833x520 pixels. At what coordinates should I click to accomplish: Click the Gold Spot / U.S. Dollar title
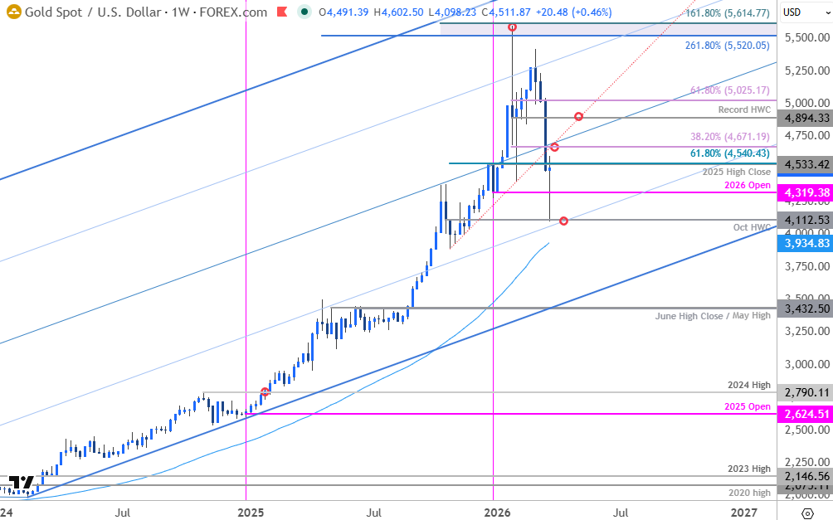point(146,12)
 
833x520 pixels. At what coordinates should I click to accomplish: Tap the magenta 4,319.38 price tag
point(805,192)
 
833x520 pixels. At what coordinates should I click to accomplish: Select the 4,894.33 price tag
point(805,118)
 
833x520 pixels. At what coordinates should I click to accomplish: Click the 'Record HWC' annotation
point(744,109)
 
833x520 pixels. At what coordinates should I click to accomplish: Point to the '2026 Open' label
point(748,184)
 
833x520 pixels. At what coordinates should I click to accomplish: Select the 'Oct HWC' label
point(753,227)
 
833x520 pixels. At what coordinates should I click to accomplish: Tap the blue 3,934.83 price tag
point(805,243)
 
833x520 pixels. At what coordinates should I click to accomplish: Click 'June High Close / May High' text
point(713,316)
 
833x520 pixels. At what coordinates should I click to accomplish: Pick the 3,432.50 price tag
point(805,308)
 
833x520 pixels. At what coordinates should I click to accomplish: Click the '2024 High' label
point(748,385)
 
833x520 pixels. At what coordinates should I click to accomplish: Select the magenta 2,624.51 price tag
point(805,413)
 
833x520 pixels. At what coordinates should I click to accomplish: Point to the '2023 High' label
point(748,469)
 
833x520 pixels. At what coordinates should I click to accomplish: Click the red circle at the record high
point(513,27)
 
